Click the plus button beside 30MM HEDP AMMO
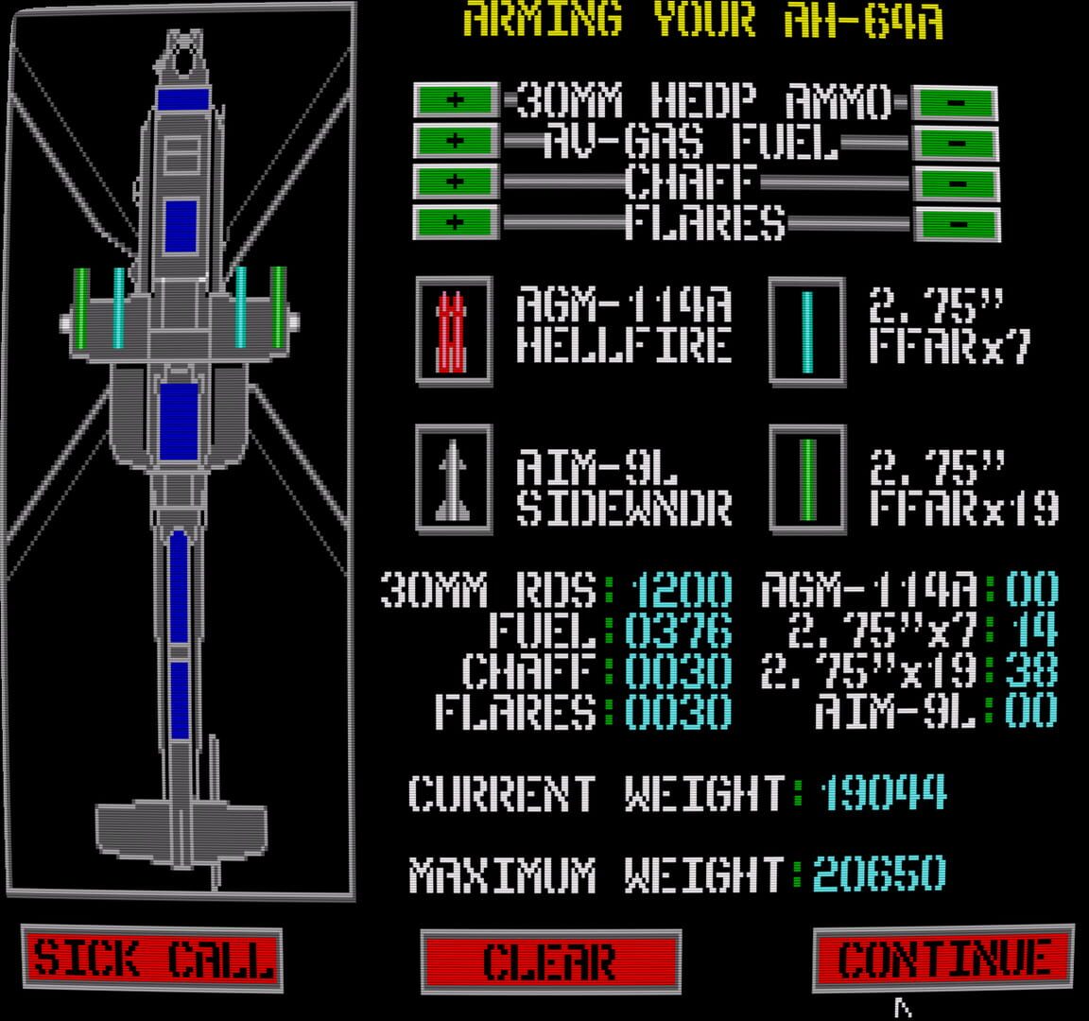(456, 100)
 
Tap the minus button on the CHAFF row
(957, 183)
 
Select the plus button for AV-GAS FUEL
(456, 141)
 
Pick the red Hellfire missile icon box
(454, 331)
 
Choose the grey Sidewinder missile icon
(454, 479)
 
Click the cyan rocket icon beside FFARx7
(807, 331)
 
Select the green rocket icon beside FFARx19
(807, 479)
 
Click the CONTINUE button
(943, 960)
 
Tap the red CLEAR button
(551, 962)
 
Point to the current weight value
(883, 792)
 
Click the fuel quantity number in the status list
(679, 631)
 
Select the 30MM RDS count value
(681, 590)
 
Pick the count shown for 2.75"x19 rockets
(1031, 671)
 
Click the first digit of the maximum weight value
(825, 874)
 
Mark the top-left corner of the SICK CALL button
(23, 926)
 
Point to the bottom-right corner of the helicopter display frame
(354, 900)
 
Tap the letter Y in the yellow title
(666, 19)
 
